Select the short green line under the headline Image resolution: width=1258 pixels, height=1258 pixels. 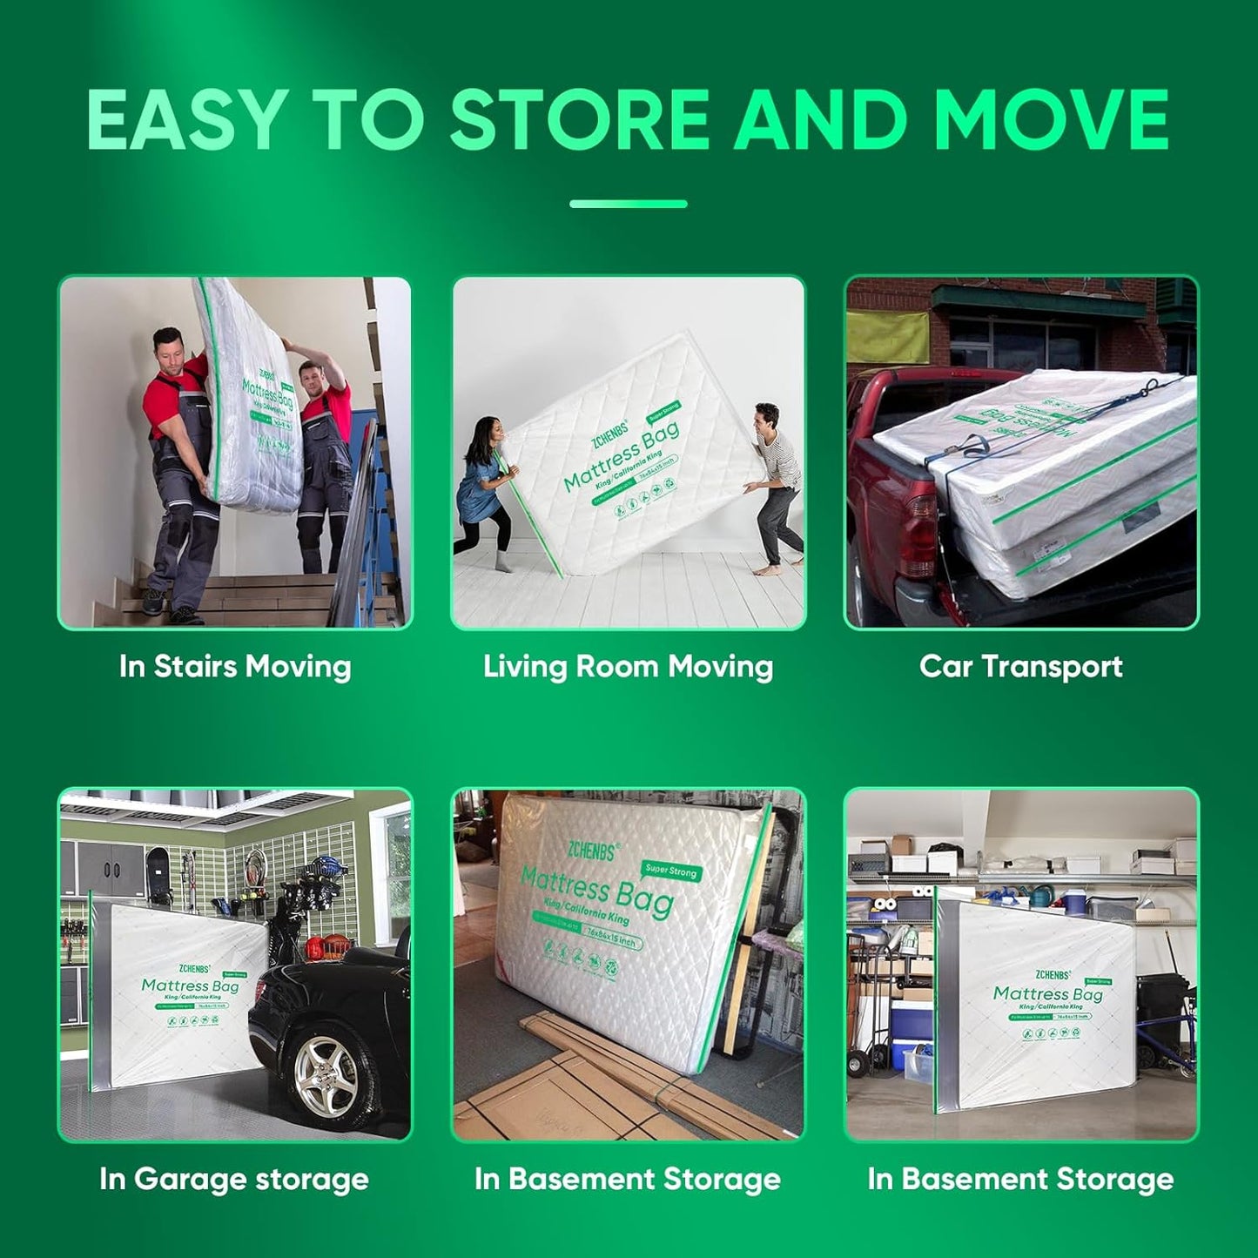(x=628, y=205)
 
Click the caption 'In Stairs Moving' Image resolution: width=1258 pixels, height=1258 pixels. (x=235, y=667)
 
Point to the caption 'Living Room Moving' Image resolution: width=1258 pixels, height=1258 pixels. (x=628, y=667)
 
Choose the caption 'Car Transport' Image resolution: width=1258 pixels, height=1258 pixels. (x=1020, y=667)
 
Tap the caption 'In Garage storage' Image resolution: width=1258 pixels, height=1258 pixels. (x=234, y=1180)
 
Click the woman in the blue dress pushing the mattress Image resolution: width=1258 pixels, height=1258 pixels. (x=481, y=488)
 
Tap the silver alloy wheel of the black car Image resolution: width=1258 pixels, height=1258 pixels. (x=324, y=1073)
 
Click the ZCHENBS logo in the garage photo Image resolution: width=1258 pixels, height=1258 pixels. (x=194, y=968)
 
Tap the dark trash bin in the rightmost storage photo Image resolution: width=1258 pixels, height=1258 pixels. (x=1163, y=1010)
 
